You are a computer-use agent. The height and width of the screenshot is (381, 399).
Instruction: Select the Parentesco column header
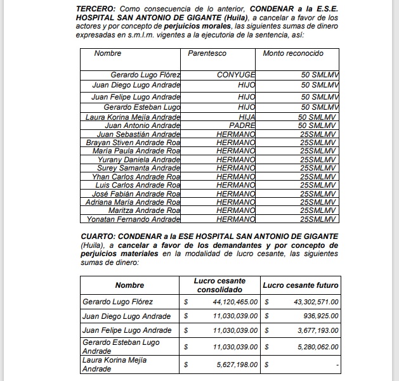207,53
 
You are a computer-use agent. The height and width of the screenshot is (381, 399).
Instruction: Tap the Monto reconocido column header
293,53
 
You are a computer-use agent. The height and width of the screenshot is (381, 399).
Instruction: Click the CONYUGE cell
236,75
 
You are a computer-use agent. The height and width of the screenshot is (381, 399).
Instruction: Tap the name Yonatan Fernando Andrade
131,219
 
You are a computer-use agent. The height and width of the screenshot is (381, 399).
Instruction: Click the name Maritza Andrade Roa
145,210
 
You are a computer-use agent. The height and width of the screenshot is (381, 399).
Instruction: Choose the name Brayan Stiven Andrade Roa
133,143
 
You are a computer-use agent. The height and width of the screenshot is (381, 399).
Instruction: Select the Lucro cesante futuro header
301,285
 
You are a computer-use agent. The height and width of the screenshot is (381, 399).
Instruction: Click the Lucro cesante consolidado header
219,285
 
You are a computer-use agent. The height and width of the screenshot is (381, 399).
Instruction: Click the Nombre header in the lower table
129,285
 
